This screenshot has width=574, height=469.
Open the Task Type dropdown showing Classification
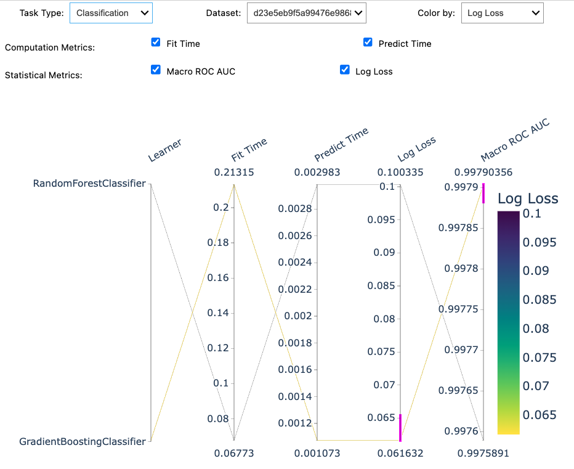click(111, 13)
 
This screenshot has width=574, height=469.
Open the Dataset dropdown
click(306, 13)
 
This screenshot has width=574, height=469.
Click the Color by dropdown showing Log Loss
click(502, 13)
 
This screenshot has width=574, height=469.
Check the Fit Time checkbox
click(156, 43)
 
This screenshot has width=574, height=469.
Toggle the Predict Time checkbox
click(368, 43)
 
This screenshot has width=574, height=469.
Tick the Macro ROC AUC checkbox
click(156, 70)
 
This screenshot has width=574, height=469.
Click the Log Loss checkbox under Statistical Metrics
click(345, 70)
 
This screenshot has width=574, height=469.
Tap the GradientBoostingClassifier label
click(83, 441)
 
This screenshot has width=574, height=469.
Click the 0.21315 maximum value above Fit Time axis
click(234, 173)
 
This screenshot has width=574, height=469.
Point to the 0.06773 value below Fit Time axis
click(234, 454)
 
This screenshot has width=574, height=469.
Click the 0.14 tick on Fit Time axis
click(219, 313)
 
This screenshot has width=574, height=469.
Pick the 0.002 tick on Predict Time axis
click(299, 316)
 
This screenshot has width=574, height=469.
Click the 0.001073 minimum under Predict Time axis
click(317, 454)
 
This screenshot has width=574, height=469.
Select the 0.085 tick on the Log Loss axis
click(381, 285)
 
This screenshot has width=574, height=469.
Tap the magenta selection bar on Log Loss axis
click(400, 428)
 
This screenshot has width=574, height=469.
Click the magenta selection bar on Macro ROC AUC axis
click(483, 193)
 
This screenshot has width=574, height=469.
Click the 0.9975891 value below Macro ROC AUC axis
click(483, 454)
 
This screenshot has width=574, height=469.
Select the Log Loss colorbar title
click(528, 198)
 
